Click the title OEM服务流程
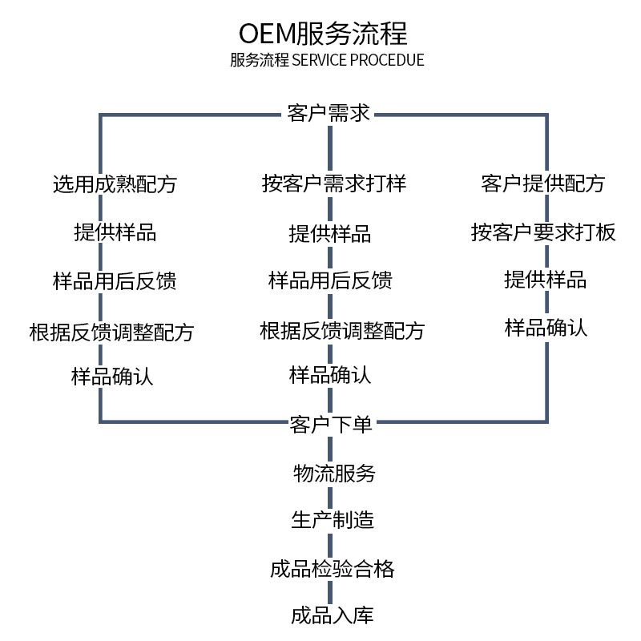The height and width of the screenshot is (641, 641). (x=323, y=34)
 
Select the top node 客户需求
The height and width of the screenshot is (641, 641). (x=329, y=113)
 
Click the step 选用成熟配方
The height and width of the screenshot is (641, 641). (x=114, y=184)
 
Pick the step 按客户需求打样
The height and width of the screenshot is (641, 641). (x=334, y=184)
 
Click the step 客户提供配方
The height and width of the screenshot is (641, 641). (x=543, y=183)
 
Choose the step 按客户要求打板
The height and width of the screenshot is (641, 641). (x=543, y=232)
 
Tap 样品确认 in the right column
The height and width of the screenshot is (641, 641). (x=546, y=327)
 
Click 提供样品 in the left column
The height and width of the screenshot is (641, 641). (x=115, y=232)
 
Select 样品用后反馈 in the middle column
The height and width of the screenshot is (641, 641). (x=330, y=281)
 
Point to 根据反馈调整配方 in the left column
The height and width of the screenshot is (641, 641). (x=111, y=331)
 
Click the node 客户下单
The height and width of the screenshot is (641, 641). (x=330, y=424)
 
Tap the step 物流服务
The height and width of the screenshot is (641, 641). (x=334, y=473)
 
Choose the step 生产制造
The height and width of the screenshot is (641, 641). (x=332, y=520)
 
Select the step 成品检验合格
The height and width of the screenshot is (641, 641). (x=332, y=569)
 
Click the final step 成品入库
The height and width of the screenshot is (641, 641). (x=332, y=616)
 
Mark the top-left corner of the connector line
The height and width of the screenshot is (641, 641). (x=101, y=115)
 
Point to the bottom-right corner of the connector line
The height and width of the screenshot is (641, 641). (x=547, y=421)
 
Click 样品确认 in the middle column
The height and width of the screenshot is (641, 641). (x=330, y=375)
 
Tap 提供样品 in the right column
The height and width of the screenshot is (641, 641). (x=545, y=280)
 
